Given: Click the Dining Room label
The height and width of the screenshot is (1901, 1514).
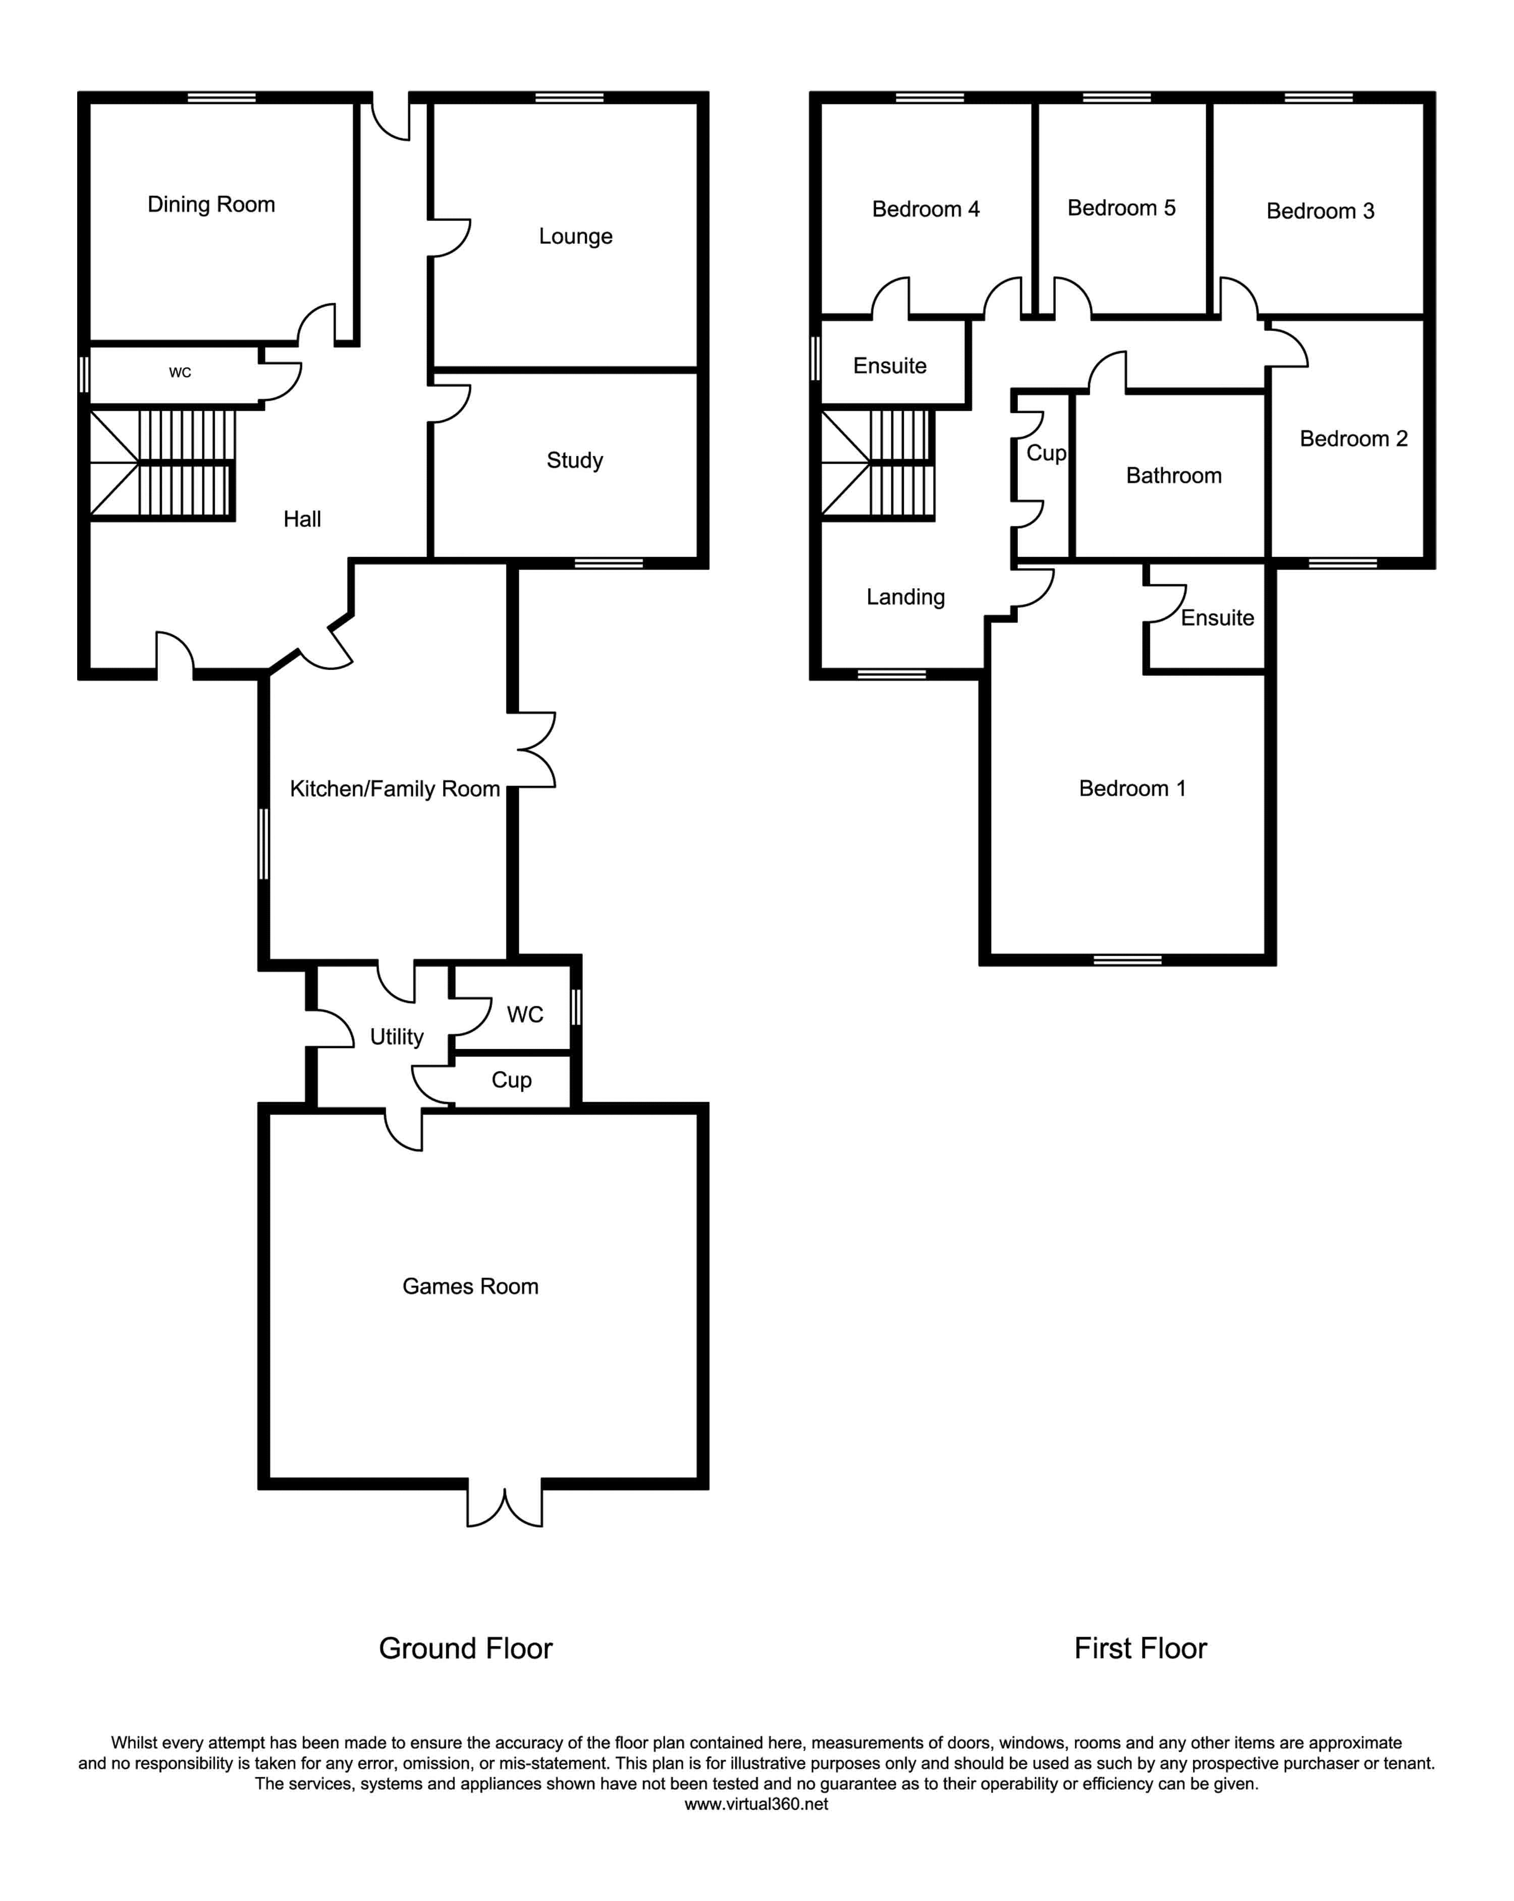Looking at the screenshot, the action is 211,204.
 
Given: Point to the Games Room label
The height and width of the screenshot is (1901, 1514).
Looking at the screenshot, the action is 470,1287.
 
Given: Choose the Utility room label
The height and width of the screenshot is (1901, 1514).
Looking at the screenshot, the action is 396,1037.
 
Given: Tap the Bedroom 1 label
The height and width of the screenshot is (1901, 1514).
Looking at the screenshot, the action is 1132,788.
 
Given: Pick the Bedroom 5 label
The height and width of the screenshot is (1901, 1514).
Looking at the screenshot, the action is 1121,208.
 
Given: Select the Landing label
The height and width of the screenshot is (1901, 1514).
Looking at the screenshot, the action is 905,597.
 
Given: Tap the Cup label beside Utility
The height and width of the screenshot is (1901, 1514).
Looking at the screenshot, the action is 511,1080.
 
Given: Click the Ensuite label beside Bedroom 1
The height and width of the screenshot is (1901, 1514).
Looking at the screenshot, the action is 1217,618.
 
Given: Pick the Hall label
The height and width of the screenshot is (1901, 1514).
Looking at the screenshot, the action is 302,519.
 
